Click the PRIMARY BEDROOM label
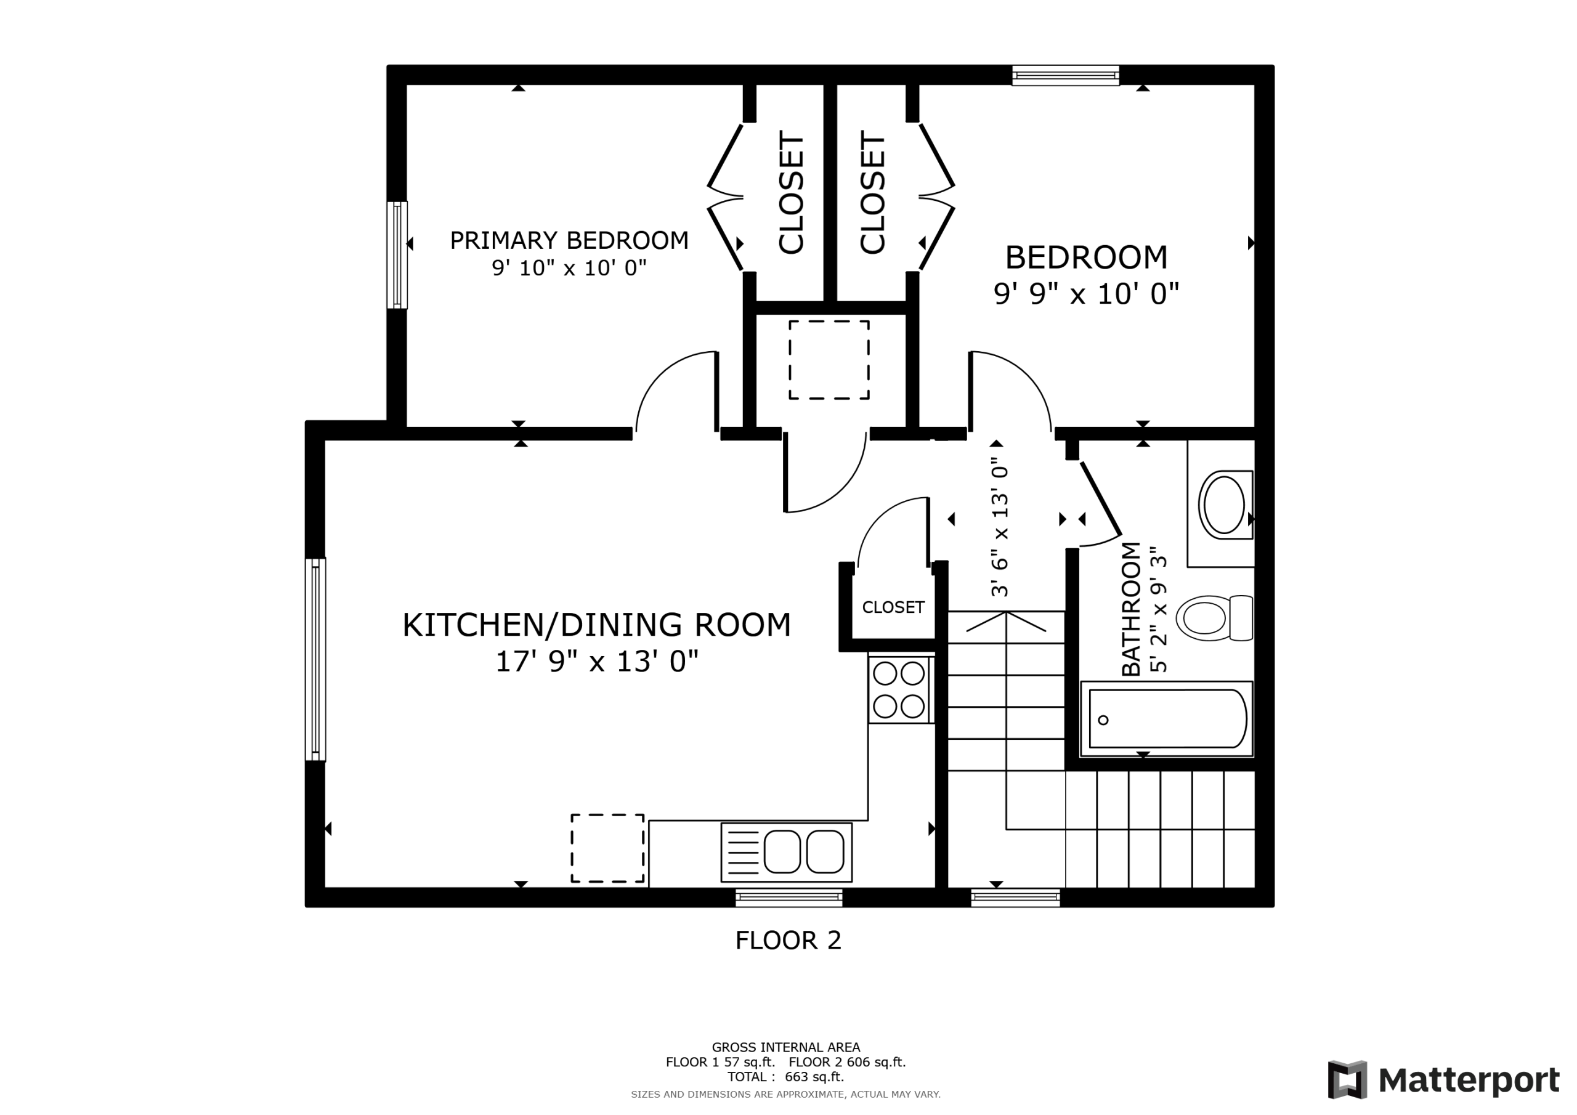pos(569,240)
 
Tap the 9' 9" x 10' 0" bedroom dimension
pos(1086,294)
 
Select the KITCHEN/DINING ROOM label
pos(596,625)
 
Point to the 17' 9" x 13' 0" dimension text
pos(596,662)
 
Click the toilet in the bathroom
pos(1214,618)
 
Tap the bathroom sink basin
pos(1224,505)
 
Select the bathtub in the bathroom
pos(1167,720)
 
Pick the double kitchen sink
pos(786,852)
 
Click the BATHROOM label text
pos(1130,609)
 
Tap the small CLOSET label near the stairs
pos(893,607)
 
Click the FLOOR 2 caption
pos(788,941)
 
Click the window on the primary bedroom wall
pos(397,255)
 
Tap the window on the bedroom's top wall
pos(1065,76)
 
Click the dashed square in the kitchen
pos(607,848)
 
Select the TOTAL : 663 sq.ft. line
pos(786,1077)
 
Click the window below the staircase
pos(1015,897)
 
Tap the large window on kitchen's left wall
pos(315,660)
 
